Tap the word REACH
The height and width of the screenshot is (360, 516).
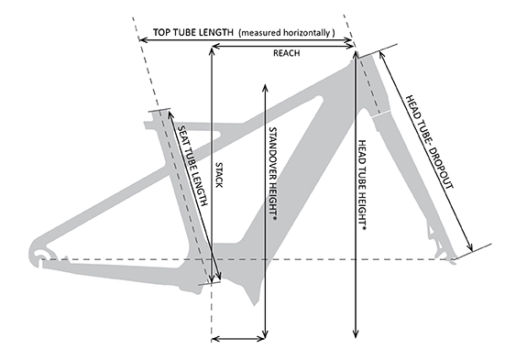[x=286, y=54]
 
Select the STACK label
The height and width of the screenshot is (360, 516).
[x=219, y=175]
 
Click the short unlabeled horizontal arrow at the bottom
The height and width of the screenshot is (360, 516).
[x=238, y=340]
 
